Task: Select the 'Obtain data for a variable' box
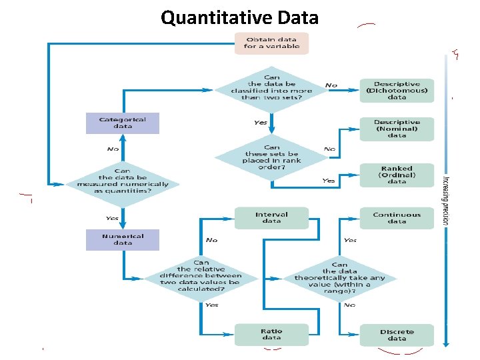[271, 43]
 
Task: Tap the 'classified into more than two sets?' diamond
[271, 87]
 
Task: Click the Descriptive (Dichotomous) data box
[397, 91]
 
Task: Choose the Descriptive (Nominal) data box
[397, 129]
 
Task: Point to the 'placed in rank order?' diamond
[271, 157]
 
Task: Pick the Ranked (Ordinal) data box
[397, 175]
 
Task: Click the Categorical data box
[123, 123]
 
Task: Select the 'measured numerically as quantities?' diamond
[123, 181]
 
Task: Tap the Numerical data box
[123, 239]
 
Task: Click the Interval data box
[271, 218]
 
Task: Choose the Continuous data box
[397, 218]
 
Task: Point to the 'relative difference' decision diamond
[201, 277]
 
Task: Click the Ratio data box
[271, 334]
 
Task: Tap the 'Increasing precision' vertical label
[445, 200]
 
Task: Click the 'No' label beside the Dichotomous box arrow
[331, 85]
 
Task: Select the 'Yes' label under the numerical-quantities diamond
[112, 218]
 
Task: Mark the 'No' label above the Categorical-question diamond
[113, 149]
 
